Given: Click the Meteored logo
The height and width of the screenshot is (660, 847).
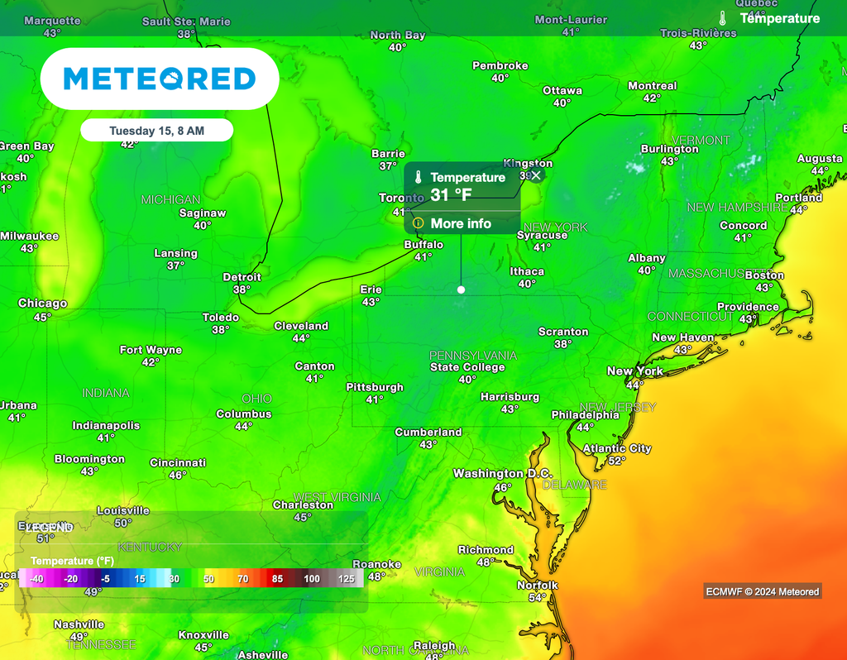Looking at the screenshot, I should click(160, 79).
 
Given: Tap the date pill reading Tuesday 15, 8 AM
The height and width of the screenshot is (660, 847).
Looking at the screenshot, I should click(157, 131).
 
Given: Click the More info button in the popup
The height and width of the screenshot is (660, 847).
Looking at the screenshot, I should click(461, 223).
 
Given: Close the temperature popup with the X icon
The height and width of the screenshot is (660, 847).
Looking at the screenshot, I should click(536, 175).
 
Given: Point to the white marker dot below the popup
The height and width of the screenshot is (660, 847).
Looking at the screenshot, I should click(461, 289).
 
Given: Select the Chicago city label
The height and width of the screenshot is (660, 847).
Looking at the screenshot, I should click(42, 304).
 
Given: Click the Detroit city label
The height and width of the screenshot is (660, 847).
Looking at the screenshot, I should click(242, 277).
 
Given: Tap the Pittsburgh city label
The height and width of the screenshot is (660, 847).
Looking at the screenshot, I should click(375, 387).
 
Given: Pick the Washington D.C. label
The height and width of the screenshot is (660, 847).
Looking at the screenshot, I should click(500, 474).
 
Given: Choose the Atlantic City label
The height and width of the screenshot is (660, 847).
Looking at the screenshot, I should click(617, 448).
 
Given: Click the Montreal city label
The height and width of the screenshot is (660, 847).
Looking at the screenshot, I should click(652, 86).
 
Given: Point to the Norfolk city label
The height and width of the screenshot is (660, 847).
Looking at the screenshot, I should click(538, 586).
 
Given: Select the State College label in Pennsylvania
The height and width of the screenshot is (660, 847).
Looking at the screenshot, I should click(467, 367).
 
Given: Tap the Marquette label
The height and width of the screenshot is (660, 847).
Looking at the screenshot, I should click(52, 21).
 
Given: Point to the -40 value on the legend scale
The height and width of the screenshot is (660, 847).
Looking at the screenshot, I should click(36, 579).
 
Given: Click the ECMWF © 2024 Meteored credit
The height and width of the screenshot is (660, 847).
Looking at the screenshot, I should click(762, 591).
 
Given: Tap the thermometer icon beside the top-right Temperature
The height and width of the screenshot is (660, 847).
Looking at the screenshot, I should click(722, 18).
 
